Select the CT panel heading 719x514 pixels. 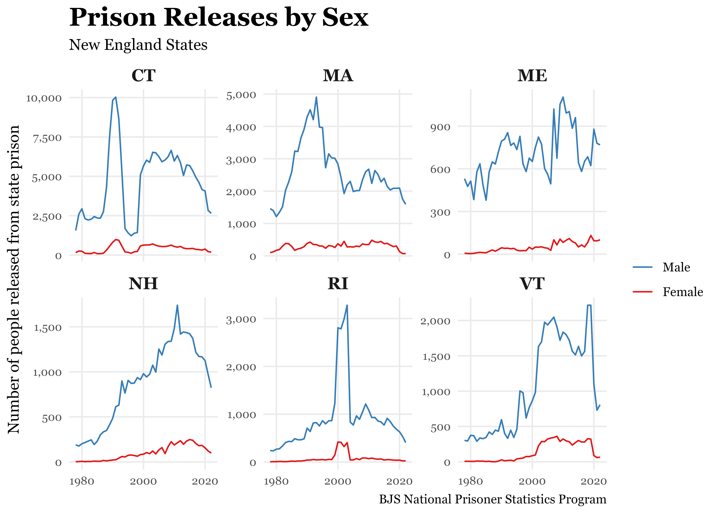(144, 76)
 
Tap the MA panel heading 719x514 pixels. (338, 76)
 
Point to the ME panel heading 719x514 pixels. (532, 76)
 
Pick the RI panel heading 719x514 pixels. (338, 284)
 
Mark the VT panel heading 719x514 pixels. (532, 284)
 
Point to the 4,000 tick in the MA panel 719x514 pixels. (241, 127)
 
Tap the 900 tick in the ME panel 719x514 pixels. (440, 127)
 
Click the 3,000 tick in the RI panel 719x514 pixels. (241, 319)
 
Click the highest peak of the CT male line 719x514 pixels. (116, 97)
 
